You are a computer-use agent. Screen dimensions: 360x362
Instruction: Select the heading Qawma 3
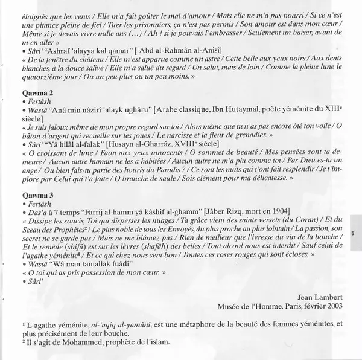pyautogui.click(x=34, y=196)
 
